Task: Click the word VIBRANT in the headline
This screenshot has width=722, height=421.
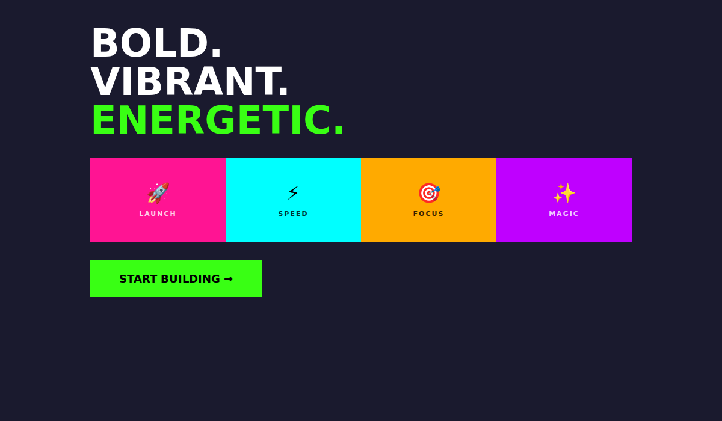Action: pos(184,82)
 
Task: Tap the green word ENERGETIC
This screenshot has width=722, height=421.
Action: pos(211,120)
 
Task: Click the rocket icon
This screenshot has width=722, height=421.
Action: pos(158,193)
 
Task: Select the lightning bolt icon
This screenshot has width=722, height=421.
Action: pos(293,193)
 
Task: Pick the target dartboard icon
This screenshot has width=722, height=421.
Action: pos(428,193)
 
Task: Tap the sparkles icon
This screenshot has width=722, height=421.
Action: pos(564,193)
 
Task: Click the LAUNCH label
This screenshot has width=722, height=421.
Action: pos(158,214)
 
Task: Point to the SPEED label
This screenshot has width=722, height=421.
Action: pos(293,214)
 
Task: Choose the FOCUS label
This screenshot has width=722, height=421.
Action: pos(428,214)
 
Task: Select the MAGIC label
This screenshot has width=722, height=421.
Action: pos(564,214)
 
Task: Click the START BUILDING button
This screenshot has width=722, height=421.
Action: pos(176,278)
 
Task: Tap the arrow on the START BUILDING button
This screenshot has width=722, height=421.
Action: pos(228,279)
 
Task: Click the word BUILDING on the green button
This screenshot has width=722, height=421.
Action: pos(190,279)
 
